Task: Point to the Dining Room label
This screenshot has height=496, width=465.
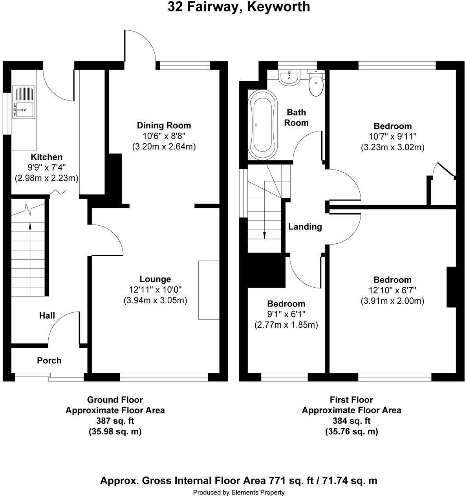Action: [164, 126]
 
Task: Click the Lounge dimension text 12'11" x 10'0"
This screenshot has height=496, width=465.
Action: [155, 290]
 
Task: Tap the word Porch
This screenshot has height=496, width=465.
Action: [49, 360]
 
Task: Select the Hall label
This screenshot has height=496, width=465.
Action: [47, 315]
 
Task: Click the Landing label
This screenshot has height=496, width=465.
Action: [305, 226]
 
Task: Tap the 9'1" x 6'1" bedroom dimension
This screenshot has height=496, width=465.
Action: [286, 314]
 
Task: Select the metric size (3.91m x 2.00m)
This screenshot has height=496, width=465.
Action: [392, 301]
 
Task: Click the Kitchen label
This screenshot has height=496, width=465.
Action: [46, 157]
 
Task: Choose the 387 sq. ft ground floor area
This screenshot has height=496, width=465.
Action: [115, 421]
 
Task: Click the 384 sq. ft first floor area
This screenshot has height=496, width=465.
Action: [351, 421]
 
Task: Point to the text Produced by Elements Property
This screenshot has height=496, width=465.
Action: [238, 492]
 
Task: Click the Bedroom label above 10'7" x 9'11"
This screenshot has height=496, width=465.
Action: [392, 126]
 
